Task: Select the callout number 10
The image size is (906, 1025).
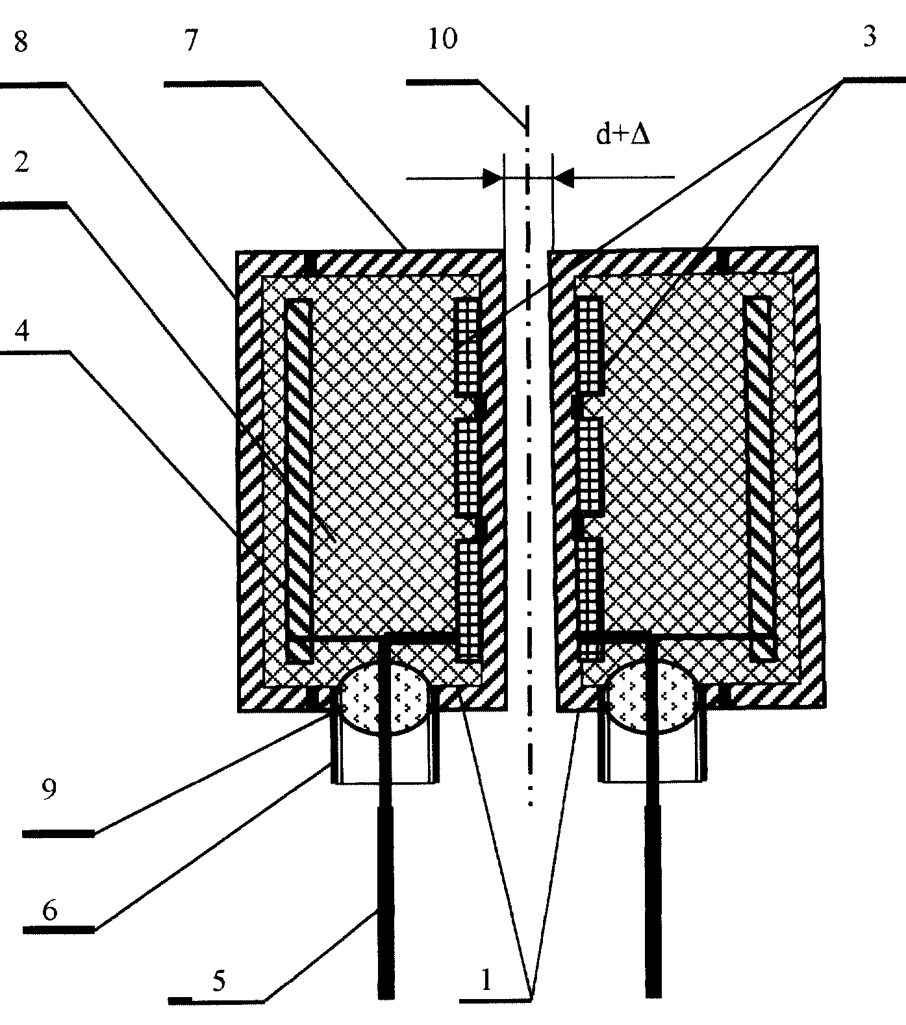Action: (x=442, y=40)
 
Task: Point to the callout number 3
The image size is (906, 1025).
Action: (x=870, y=36)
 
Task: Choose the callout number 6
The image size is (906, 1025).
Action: (x=50, y=911)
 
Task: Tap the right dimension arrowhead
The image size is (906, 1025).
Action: (x=562, y=177)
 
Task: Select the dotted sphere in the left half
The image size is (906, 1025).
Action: (x=384, y=700)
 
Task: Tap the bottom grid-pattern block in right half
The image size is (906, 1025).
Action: (x=590, y=584)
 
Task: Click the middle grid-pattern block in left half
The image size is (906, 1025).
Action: (x=468, y=468)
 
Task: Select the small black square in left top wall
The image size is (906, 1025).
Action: (x=312, y=263)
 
